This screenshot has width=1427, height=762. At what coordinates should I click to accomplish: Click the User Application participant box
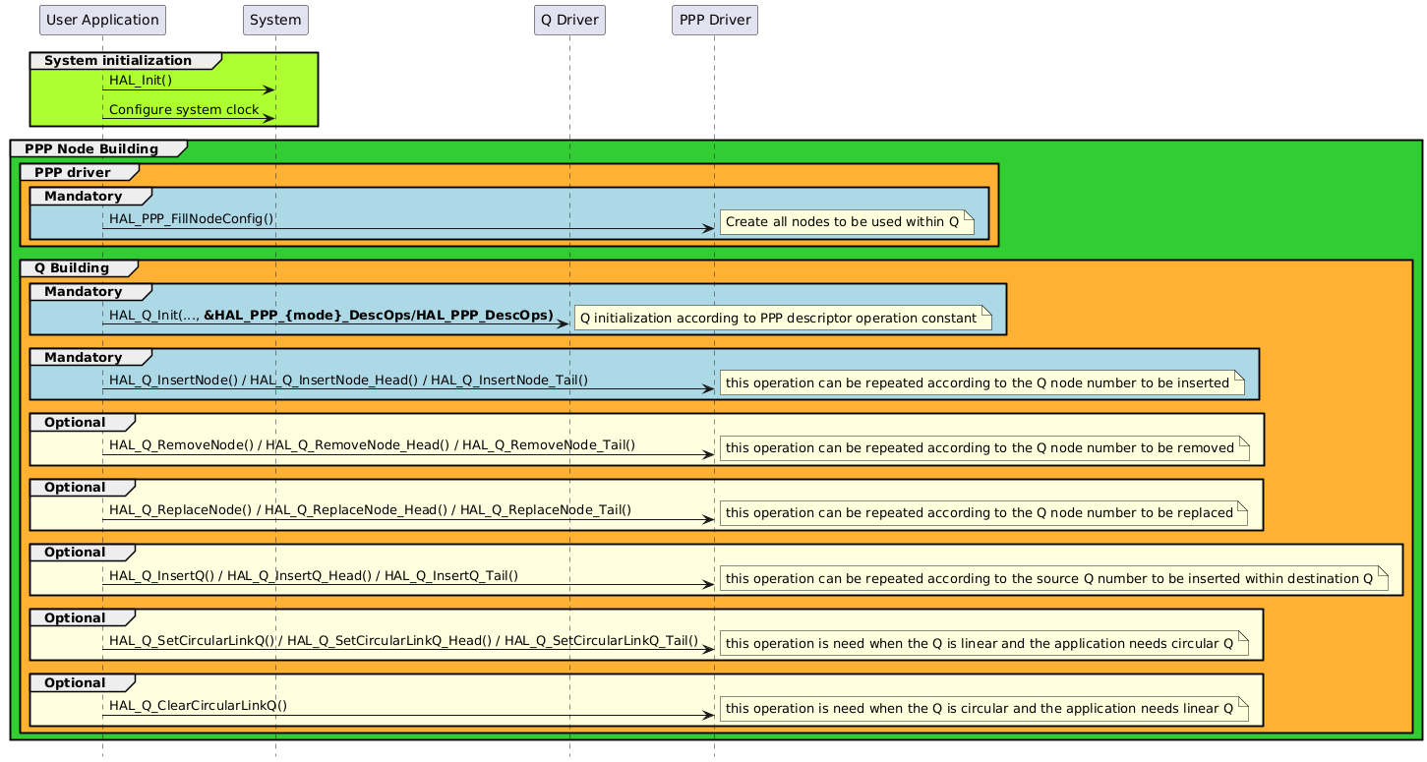[x=102, y=20]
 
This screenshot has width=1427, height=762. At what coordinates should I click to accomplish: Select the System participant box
[x=275, y=20]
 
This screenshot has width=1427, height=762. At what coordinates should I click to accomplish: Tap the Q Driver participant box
[x=569, y=20]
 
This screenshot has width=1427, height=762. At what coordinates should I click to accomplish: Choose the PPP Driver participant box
[x=715, y=20]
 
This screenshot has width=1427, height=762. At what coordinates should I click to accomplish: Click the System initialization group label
[x=118, y=61]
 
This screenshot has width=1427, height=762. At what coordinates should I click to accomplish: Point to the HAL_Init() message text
[x=141, y=81]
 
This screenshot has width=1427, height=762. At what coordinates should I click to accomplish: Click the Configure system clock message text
[x=184, y=110]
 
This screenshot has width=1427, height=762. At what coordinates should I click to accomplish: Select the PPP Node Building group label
[x=91, y=149]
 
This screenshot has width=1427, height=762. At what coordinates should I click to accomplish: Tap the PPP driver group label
[x=73, y=173]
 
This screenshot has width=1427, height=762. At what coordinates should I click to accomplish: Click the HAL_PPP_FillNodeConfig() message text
[x=192, y=218]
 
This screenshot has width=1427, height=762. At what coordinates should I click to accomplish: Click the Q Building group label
[x=72, y=268]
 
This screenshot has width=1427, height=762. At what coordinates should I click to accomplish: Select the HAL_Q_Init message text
[x=330, y=315]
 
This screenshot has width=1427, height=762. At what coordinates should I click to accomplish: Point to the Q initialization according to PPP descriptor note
[x=783, y=319]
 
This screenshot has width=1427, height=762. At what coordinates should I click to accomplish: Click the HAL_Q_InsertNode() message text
[x=348, y=380]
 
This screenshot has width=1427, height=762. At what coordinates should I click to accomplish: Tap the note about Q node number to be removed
[x=984, y=448]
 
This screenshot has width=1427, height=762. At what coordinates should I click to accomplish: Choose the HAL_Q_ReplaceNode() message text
[x=370, y=509]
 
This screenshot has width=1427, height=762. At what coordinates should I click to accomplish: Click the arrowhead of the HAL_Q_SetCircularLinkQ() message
[x=708, y=650]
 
